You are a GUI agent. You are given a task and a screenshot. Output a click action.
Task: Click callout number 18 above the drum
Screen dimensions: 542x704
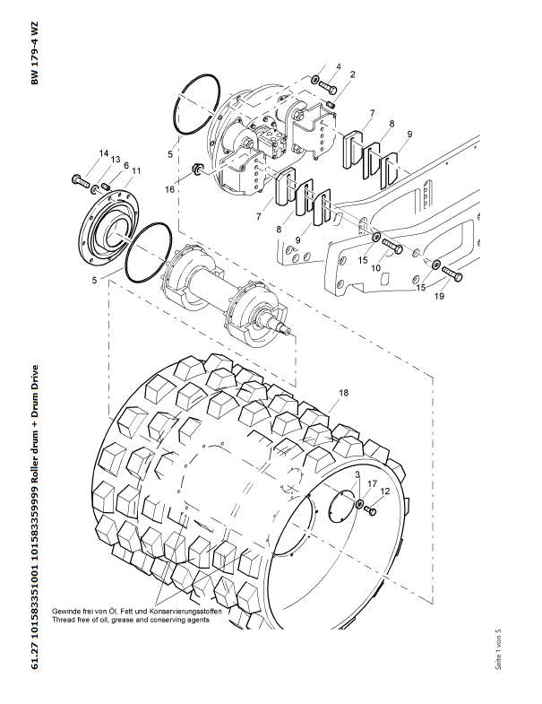[344, 393]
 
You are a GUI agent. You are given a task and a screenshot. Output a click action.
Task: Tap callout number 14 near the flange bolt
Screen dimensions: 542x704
[104, 153]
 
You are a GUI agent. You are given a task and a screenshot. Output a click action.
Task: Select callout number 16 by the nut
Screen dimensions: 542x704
[169, 189]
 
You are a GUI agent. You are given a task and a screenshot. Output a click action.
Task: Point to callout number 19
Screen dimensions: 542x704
[439, 296]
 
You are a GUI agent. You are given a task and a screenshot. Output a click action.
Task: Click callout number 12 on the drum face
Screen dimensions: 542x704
[385, 491]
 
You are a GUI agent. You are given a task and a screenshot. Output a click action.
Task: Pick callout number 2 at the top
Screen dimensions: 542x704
[353, 74]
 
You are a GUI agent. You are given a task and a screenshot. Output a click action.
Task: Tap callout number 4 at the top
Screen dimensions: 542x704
[339, 66]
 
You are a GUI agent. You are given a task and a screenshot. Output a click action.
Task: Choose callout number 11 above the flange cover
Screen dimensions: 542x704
[136, 171]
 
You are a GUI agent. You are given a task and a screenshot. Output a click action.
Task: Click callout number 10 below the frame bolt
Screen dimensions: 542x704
[375, 268]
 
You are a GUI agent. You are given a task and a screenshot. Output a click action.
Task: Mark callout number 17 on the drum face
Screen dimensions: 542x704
[372, 483]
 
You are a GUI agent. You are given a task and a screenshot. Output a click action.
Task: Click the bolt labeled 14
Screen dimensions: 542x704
[81, 181]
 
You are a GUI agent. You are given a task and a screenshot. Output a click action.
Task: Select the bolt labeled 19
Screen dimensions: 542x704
[452, 274]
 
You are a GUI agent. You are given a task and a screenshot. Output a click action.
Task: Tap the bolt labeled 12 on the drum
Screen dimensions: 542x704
[370, 510]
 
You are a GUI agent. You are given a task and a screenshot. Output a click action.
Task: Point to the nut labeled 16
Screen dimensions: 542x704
[195, 169]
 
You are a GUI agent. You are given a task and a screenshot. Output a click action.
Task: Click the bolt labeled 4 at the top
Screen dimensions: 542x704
[328, 87]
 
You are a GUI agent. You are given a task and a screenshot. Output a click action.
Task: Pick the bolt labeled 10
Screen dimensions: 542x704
[392, 247]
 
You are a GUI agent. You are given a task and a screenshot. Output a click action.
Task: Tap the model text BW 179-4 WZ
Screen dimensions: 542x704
[35, 54]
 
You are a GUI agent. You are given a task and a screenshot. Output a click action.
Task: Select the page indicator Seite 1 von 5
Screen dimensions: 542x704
[498, 649]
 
